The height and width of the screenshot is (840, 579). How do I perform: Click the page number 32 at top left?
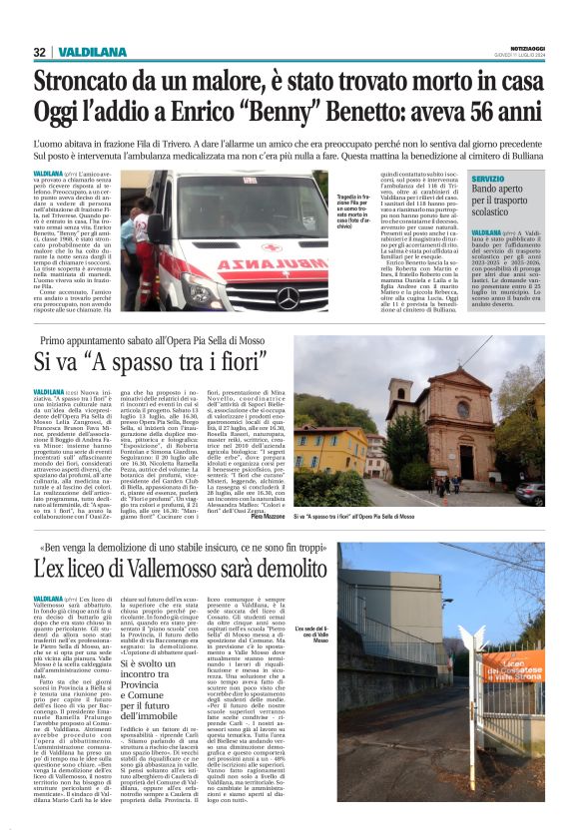coord(40,52)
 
